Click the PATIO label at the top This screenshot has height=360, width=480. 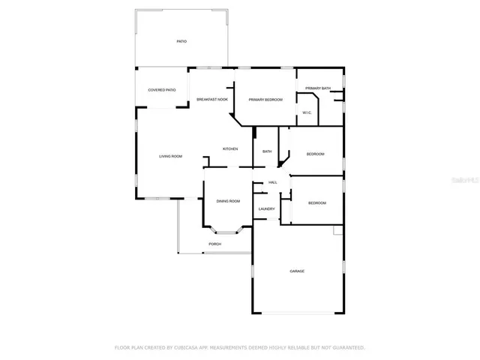(x=181, y=40)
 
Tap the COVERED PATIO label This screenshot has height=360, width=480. (x=162, y=90)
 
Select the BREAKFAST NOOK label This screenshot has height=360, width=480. (x=212, y=99)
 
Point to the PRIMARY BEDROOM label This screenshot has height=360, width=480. (x=265, y=100)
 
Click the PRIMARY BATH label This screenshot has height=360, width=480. (x=318, y=88)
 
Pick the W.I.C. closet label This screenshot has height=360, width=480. (x=307, y=112)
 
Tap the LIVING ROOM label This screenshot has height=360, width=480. (x=171, y=156)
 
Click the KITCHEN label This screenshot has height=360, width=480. (x=230, y=148)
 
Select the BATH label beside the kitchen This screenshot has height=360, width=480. (x=267, y=151)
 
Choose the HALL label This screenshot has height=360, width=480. (x=273, y=182)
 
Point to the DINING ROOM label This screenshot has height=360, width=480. (x=228, y=201)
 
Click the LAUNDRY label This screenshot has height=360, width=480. (x=266, y=208)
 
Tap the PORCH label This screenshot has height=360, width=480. (x=215, y=244)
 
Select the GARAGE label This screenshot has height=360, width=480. (x=297, y=271)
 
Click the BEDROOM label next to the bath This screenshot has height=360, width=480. (x=315, y=154)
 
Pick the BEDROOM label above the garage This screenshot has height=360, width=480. (x=317, y=202)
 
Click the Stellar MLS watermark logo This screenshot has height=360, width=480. (x=466, y=181)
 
